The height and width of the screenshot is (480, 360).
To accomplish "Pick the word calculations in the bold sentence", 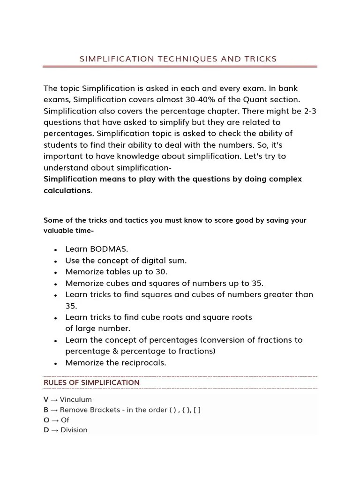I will [67, 191].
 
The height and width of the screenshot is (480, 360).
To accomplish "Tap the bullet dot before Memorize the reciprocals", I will [56, 364].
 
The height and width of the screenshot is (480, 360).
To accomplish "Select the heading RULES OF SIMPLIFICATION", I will [91, 382].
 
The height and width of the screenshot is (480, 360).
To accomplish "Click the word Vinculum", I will [76, 400].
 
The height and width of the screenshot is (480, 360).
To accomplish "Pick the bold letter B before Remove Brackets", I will [46, 410].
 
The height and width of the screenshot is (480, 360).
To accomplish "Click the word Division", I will [74, 430].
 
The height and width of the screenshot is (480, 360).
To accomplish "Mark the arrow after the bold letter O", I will [55, 420].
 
